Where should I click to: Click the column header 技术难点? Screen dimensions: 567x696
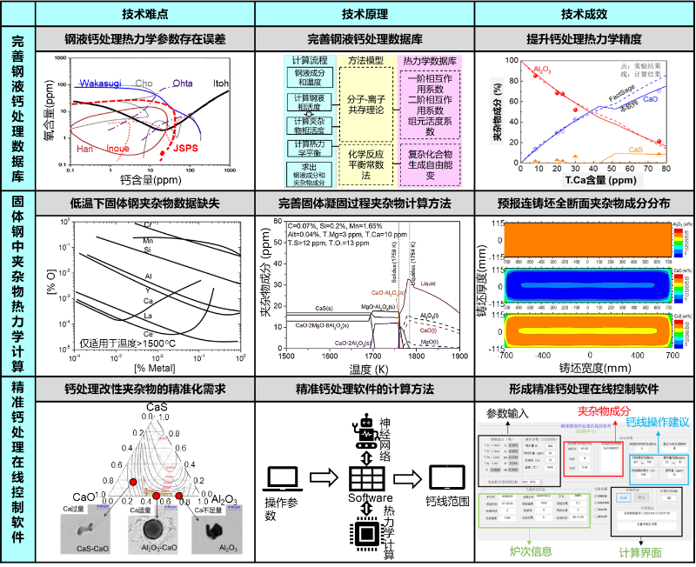pos(145,14)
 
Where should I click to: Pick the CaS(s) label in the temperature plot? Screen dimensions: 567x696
pos(325,308)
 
